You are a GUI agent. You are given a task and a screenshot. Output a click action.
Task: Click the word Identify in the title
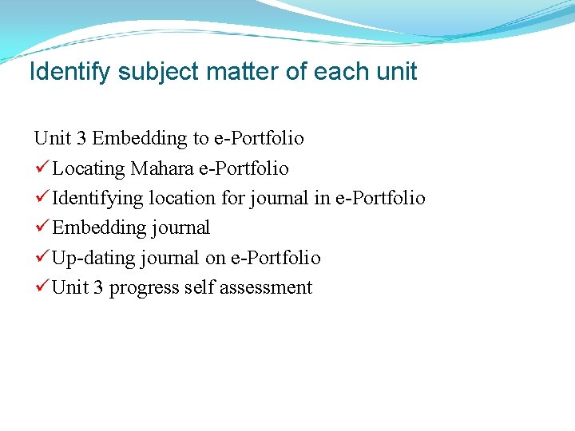pos(70,72)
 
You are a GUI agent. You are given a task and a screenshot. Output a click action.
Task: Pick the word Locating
pos(89,168)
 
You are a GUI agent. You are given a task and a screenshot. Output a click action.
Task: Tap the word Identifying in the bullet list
pos(97,198)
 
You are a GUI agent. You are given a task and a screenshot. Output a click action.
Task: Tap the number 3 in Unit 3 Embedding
pos(81,139)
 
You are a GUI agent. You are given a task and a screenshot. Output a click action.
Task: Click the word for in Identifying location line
pos(232,198)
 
